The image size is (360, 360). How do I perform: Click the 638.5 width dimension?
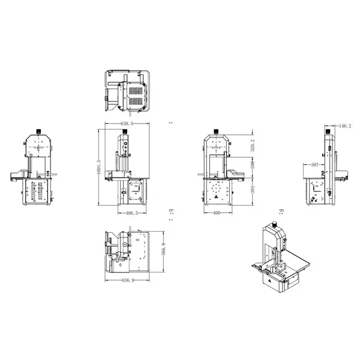(x=127, y=123)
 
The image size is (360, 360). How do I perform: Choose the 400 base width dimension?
(x=217, y=213)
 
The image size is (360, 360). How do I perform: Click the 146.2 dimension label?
(x=344, y=126)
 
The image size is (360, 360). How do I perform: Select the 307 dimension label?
(x=314, y=164)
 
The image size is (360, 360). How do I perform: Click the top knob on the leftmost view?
(x=38, y=130)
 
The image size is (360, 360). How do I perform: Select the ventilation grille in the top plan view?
(x=136, y=93)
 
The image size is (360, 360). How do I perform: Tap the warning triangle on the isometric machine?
(x=271, y=279)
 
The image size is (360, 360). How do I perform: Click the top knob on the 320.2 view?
(x=216, y=130)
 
